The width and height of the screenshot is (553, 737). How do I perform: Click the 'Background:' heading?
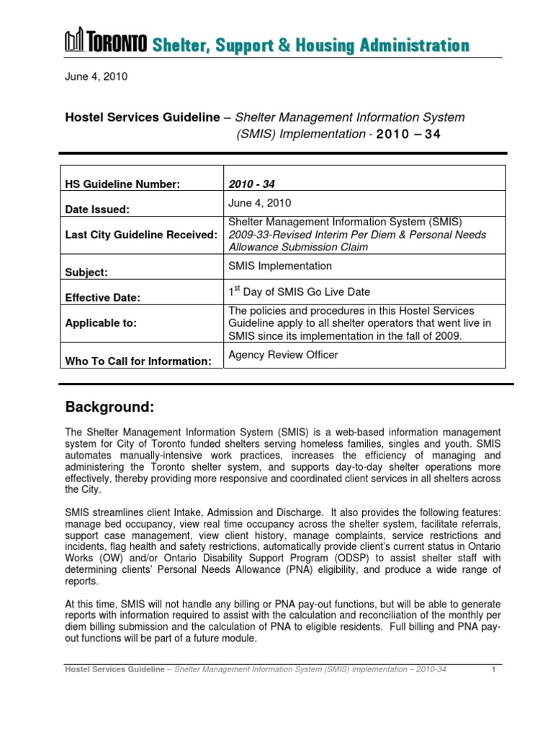[x=109, y=407]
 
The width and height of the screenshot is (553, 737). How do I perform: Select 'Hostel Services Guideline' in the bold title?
[x=141, y=117]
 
